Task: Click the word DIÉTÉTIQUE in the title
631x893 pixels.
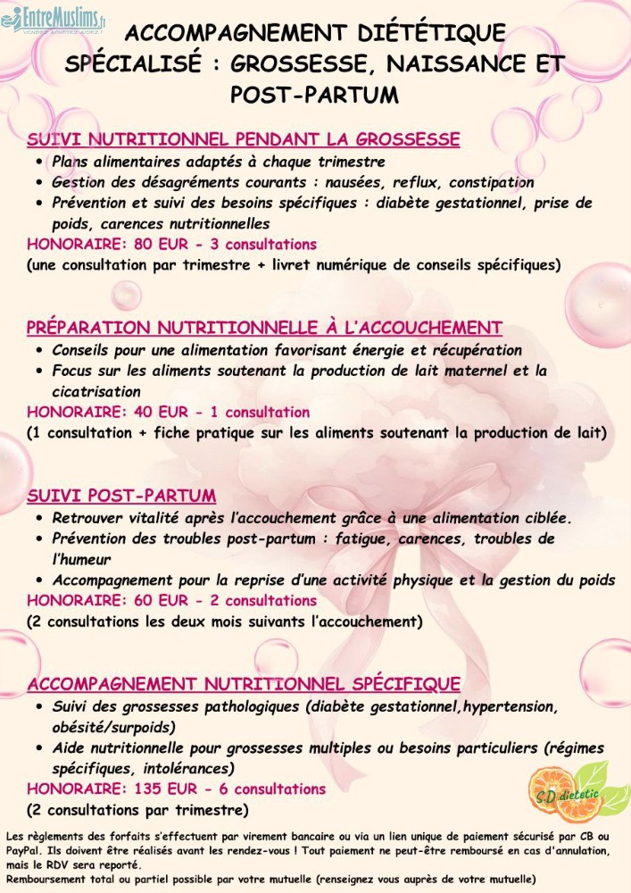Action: [x=430, y=34]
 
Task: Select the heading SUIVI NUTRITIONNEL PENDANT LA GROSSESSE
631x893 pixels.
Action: [x=244, y=139]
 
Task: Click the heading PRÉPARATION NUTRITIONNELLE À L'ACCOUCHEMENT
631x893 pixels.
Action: [x=264, y=328]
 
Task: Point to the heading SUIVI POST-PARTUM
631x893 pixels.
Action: [x=121, y=496]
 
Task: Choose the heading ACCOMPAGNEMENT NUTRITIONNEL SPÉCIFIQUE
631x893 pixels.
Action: [x=244, y=684]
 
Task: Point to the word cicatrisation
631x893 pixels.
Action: [x=96, y=391]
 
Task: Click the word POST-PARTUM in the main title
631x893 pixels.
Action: [x=314, y=93]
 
